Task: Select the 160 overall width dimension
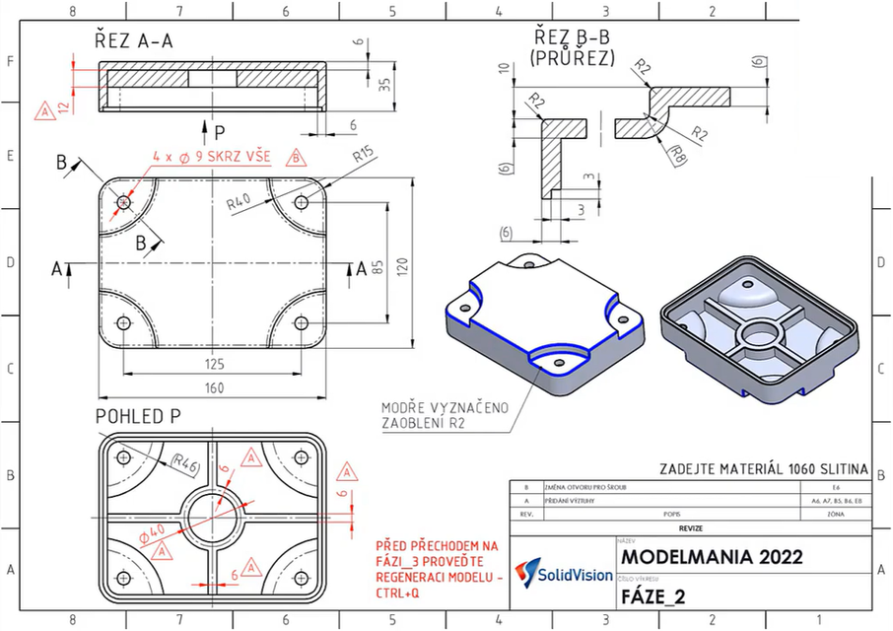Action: coord(214,387)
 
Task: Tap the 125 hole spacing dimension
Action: coord(214,365)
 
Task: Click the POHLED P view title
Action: coord(138,417)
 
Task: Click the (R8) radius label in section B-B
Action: coord(676,153)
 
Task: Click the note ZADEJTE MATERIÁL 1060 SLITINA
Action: coord(764,470)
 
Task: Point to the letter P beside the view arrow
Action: coord(220,131)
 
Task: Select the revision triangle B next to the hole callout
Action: coord(295,158)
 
